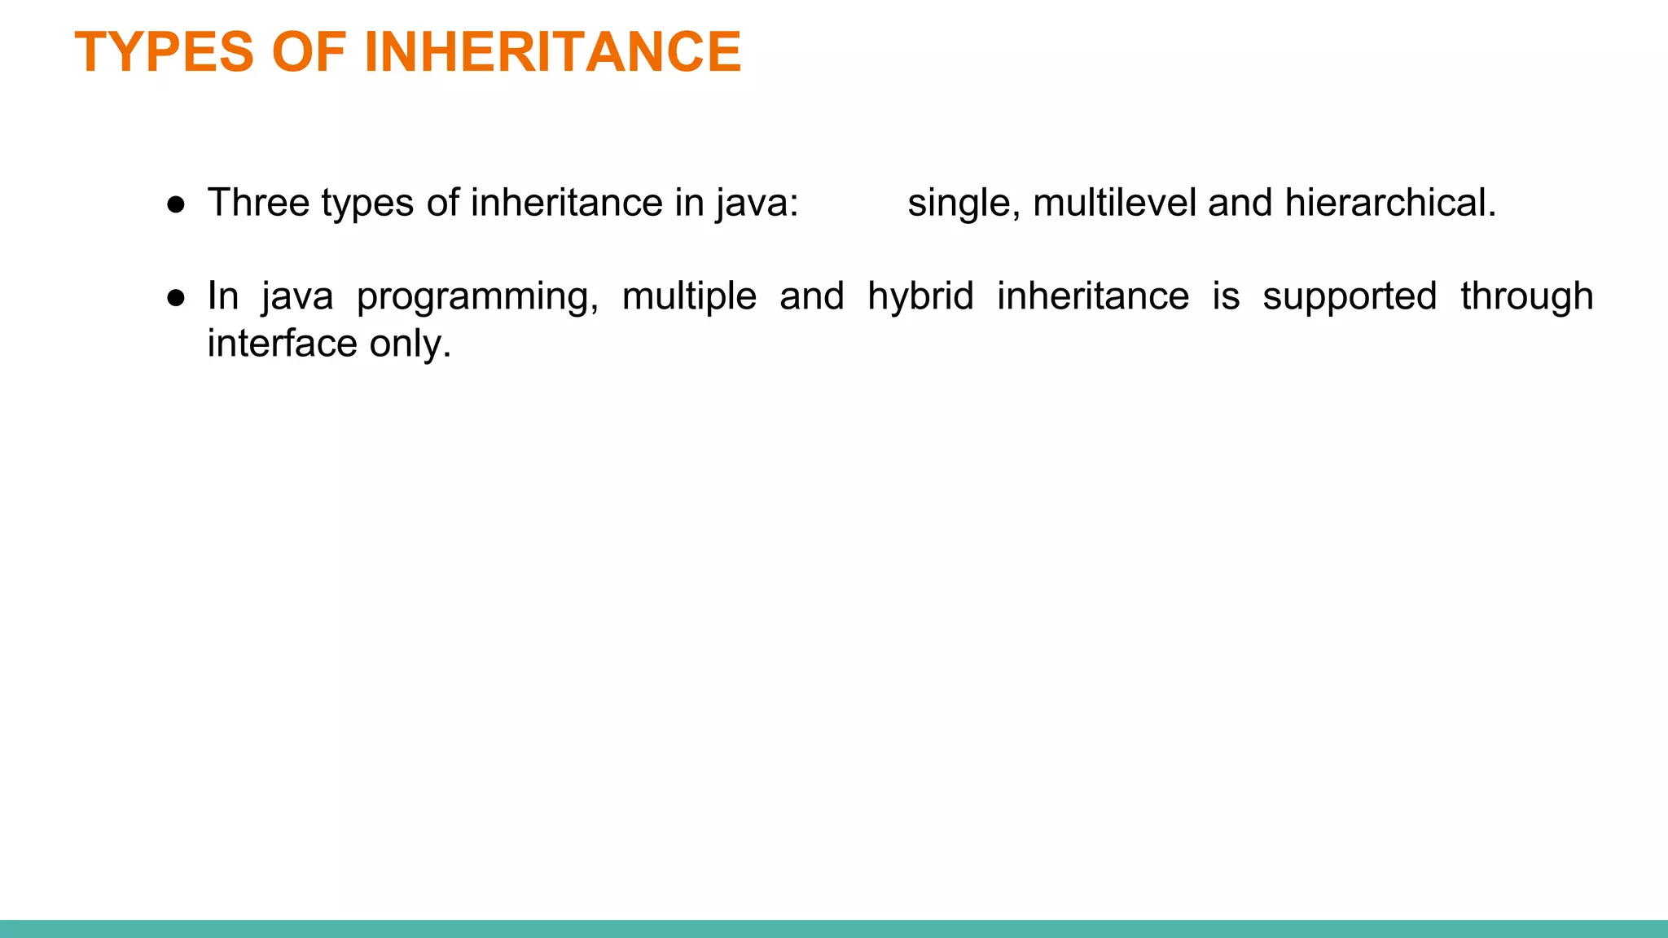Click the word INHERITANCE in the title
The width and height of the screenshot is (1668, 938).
(x=552, y=52)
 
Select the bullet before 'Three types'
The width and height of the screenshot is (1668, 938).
(x=176, y=204)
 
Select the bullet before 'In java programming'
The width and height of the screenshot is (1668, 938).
(x=176, y=298)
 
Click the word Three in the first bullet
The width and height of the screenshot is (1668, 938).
(x=258, y=203)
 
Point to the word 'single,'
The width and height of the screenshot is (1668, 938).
(x=963, y=203)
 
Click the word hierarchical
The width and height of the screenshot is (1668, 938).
(x=1390, y=203)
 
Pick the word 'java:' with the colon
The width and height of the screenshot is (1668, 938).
(x=757, y=203)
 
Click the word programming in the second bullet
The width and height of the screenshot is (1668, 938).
(x=477, y=296)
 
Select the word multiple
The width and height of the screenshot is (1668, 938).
(x=689, y=296)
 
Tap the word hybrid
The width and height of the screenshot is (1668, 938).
(x=920, y=296)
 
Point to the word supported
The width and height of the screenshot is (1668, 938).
(x=1350, y=296)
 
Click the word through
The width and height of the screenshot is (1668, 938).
(x=1526, y=296)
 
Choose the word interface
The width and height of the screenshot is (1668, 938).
(x=282, y=344)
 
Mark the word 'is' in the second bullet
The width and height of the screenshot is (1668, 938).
(x=1226, y=296)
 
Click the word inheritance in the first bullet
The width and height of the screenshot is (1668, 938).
(x=566, y=203)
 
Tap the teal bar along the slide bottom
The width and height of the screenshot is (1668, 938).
(x=834, y=928)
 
